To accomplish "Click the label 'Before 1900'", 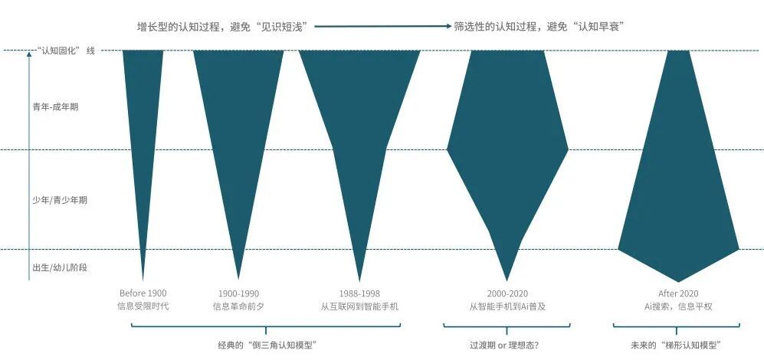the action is [x=143, y=293].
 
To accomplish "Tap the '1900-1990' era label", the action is [x=239, y=293].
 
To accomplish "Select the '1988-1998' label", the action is [x=359, y=293].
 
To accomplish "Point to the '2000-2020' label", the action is [x=507, y=293].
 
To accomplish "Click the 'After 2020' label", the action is [x=678, y=293].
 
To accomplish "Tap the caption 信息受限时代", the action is [x=143, y=307].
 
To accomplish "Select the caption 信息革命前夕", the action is [x=239, y=307].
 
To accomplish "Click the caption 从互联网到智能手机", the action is [x=359, y=307].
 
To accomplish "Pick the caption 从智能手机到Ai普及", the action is [x=507, y=307].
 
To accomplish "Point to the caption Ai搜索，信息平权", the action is [x=678, y=307].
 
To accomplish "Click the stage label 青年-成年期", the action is [x=55, y=107].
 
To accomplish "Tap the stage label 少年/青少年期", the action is [x=60, y=200].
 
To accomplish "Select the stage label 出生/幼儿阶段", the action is [x=60, y=267].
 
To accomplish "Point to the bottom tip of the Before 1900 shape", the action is [x=143, y=281].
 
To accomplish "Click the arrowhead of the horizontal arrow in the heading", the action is [x=449, y=26].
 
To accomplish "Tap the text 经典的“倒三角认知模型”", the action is [x=267, y=345].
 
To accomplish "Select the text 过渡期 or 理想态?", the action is [x=507, y=345].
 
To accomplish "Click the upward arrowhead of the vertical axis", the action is [x=29, y=54].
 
